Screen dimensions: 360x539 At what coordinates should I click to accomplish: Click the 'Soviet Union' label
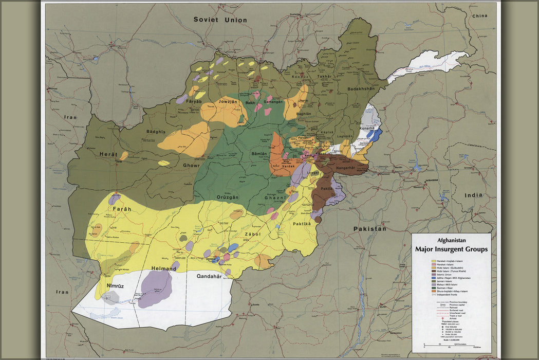[220, 20]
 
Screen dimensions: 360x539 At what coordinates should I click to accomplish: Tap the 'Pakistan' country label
[369, 228]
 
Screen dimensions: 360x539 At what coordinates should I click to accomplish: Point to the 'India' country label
[473, 195]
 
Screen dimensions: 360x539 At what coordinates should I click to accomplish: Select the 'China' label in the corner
[479, 16]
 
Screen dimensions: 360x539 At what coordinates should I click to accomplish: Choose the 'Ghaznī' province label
[275, 198]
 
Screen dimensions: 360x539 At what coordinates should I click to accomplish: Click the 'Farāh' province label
[122, 209]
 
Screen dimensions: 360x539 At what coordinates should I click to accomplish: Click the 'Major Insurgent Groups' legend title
[451, 249]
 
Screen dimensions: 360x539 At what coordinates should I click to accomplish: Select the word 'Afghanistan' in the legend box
[451, 240]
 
